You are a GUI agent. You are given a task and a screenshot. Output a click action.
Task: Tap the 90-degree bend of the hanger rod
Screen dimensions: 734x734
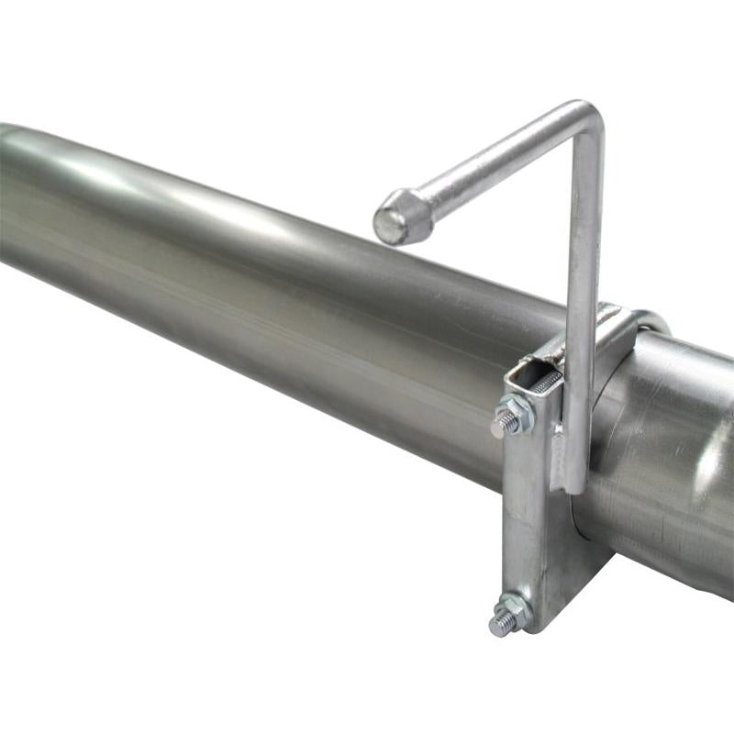tap(585, 119)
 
